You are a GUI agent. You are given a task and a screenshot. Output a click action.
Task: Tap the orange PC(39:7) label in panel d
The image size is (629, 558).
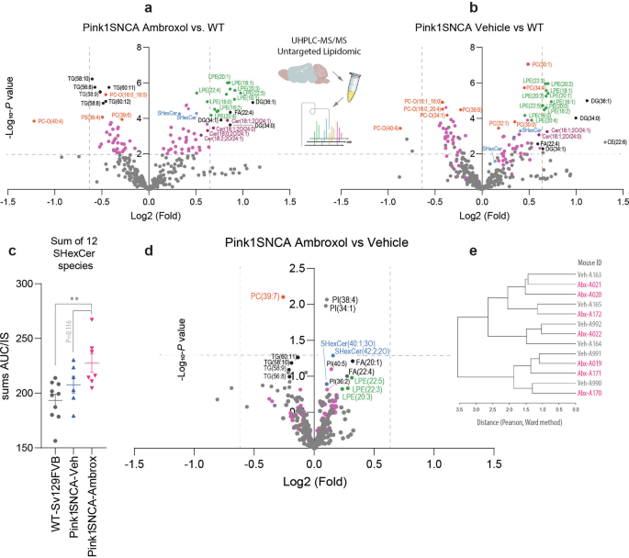(264, 296)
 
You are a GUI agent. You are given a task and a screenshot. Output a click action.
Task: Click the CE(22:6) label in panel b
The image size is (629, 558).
(614, 141)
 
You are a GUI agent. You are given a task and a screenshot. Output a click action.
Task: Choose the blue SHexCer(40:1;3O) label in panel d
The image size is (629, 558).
(346, 342)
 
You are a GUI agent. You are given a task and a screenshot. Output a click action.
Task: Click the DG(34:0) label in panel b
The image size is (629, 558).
(592, 117)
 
